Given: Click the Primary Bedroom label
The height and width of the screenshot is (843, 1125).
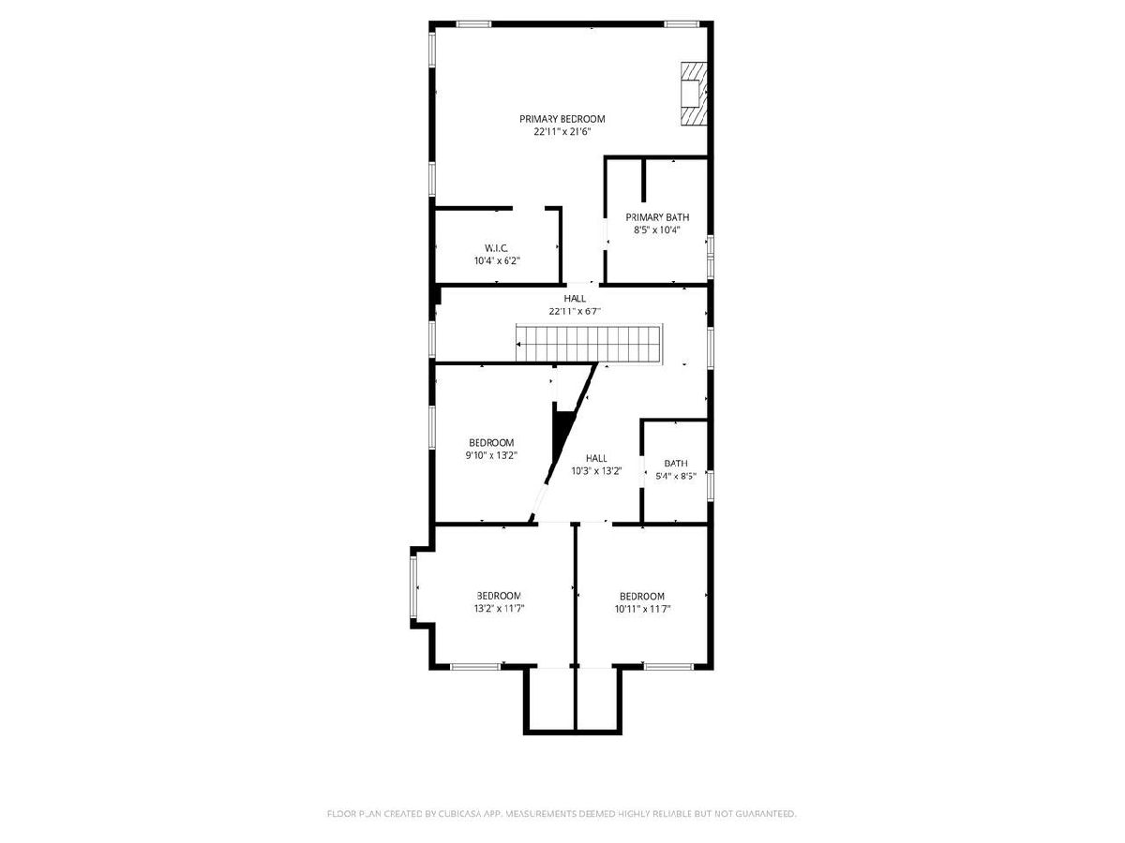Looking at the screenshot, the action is click(x=562, y=119).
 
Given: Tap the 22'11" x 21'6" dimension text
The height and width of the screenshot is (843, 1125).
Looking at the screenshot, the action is click(x=562, y=131).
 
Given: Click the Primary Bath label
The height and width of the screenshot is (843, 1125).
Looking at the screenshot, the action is click(x=657, y=217).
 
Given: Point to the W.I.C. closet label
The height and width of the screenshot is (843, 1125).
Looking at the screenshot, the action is click(x=496, y=249).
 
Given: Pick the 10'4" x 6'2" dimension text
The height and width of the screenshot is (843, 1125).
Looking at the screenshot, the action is click(x=497, y=261).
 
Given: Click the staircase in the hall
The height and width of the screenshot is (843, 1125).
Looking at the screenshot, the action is click(x=589, y=345).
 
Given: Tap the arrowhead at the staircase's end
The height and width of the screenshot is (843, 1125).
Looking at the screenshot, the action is click(x=518, y=345).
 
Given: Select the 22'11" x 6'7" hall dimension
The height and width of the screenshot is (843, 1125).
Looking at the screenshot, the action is click(x=575, y=311).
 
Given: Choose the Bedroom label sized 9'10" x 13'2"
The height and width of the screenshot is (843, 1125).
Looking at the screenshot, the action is click(x=491, y=443).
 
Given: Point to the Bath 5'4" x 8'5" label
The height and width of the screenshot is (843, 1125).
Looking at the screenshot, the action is click(x=676, y=464).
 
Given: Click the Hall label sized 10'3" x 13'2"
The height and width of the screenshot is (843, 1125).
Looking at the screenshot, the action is click(x=596, y=459).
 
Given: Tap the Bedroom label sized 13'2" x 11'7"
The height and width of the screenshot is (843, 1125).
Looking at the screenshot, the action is click(x=498, y=596).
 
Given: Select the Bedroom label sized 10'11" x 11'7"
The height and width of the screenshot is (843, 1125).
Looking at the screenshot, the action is click(x=641, y=597).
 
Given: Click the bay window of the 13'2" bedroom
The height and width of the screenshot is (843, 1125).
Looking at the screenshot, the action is click(x=412, y=587).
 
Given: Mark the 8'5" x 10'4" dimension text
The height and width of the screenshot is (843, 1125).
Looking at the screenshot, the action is click(x=656, y=230).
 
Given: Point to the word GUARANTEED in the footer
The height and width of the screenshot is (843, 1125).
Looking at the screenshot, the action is click(x=766, y=813).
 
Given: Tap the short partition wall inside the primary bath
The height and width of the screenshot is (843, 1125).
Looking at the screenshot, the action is click(x=644, y=180).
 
